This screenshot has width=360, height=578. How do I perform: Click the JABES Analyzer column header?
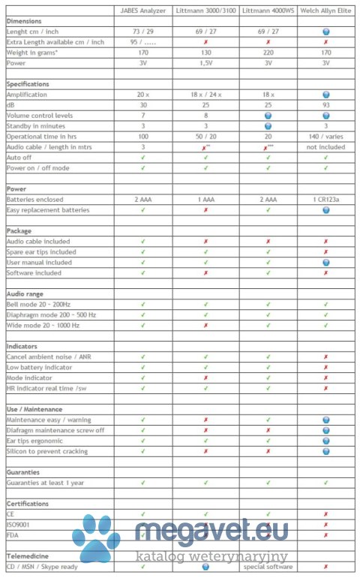coord(142,11)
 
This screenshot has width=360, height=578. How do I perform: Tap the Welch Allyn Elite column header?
coord(325,11)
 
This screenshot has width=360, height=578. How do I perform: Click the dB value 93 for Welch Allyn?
coord(325,106)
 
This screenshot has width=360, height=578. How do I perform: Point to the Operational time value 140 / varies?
coord(325,137)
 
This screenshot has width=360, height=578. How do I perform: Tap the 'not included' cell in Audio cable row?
coord(325,148)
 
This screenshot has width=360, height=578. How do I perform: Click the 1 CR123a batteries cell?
coord(325,200)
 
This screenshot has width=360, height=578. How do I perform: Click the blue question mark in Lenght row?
coord(325,32)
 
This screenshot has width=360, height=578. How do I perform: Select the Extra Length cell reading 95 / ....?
coord(142,43)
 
